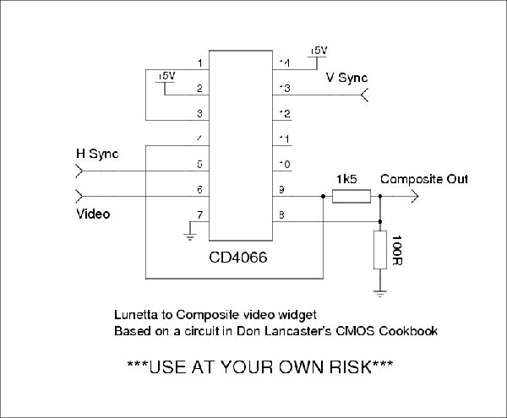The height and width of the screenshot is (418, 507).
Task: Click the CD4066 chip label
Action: [x=238, y=259]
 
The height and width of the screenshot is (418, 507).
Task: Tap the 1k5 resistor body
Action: [x=351, y=197]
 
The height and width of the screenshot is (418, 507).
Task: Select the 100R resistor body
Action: [x=379, y=249]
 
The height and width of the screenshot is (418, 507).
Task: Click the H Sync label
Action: [x=97, y=154]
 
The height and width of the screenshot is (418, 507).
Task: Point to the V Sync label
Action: [x=347, y=79]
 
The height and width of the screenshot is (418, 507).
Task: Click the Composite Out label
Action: [x=423, y=179]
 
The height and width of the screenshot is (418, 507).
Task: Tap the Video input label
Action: [x=94, y=214]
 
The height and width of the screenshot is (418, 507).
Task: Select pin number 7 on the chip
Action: [x=199, y=214]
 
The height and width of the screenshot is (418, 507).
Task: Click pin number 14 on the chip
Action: [x=285, y=62]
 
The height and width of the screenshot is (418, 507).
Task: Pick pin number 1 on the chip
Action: [x=199, y=62]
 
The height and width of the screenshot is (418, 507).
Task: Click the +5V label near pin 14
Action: [x=319, y=51]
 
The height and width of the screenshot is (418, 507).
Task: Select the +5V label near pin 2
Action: [x=166, y=76]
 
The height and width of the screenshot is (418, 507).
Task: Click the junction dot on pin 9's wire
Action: [x=324, y=197]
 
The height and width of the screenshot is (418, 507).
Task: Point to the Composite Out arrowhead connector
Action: [x=414, y=197]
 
